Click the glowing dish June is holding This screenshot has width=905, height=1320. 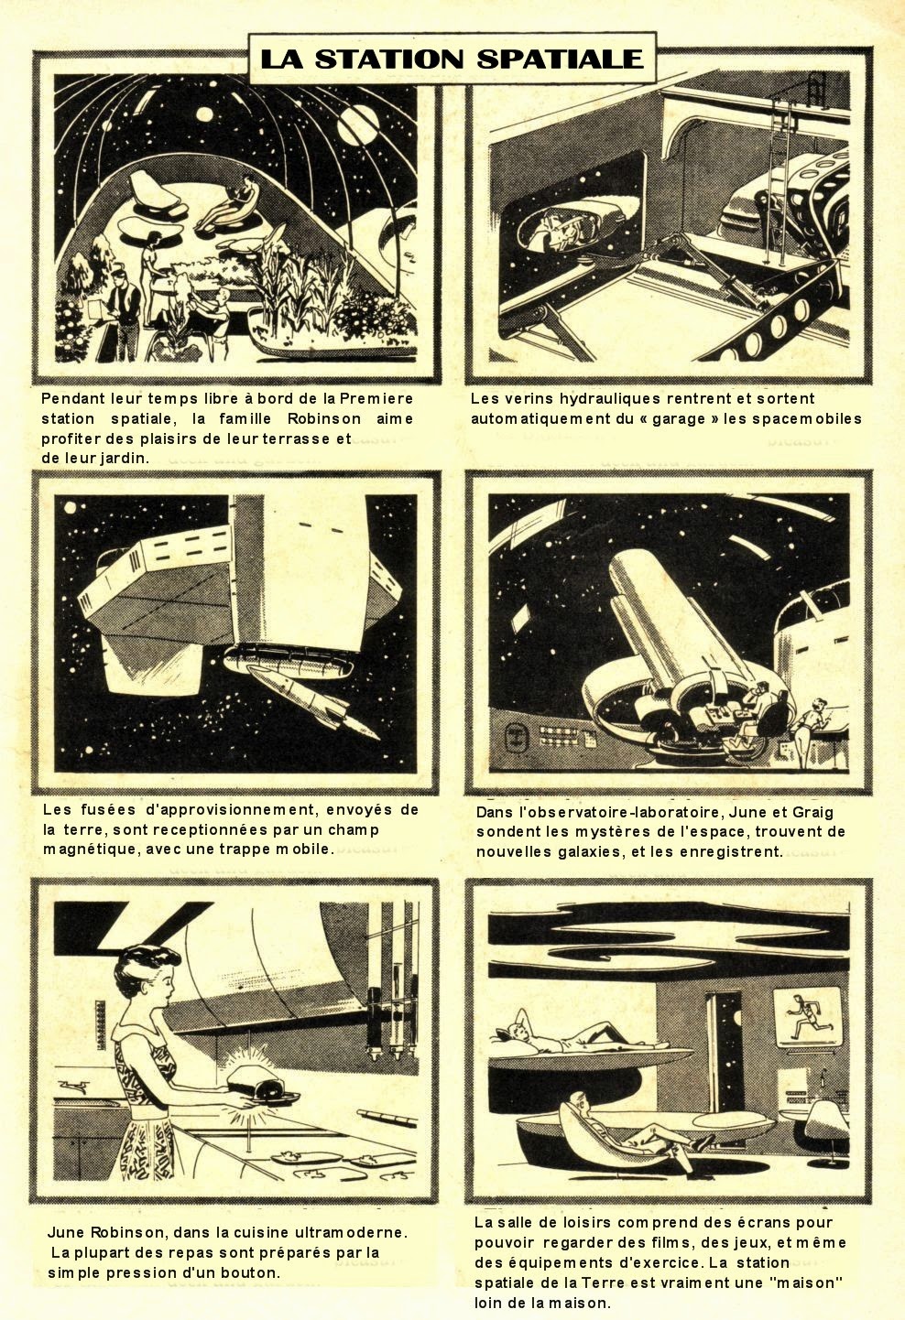click(x=260, y=1081)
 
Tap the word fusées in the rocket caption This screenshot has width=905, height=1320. click(x=107, y=809)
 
